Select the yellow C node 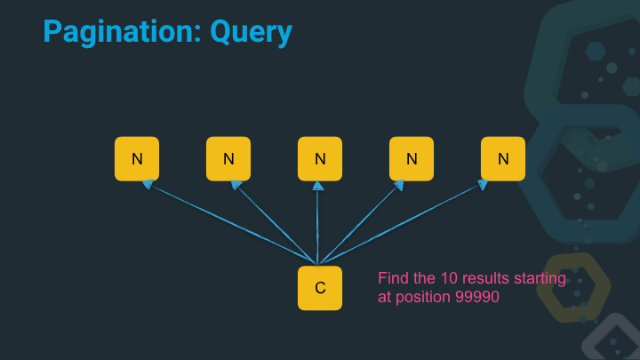[x=320, y=288]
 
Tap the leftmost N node [x=137, y=159]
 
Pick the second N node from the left [x=228, y=159]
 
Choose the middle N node [x=320, y=159]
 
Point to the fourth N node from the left [x=412, y=159]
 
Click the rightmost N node [x=503, y=159]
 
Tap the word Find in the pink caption [x=393, y=279]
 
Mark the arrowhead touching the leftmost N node [x=148, y=185]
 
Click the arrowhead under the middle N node [x=318, y=185]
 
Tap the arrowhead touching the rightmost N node [x=484, y=185]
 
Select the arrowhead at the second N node [x=236, y=185]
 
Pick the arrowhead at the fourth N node [x=399, y=185]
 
